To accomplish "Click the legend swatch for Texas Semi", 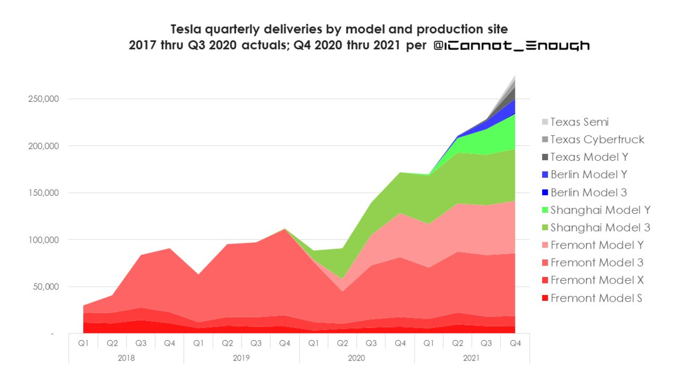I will (545, 122).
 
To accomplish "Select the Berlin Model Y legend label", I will (588, 175).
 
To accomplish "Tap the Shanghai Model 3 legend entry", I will (600, 228).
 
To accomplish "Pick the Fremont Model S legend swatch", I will (545, 298).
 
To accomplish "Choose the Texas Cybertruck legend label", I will (597, 139).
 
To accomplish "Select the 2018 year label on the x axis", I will (126, 358).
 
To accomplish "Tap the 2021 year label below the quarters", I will (472, 358).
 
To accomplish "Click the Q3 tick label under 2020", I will (371, 342).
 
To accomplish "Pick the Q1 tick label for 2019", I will (199, 342).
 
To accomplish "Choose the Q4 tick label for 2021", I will (515, 342).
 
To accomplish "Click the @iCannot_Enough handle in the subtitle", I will (512, 46).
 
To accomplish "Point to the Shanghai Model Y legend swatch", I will (545, 210).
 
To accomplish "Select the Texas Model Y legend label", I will (588, 157).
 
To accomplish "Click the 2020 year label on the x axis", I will (356, 358).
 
